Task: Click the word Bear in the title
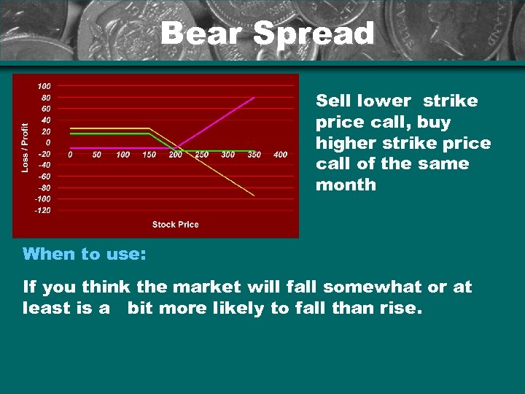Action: [201, 34]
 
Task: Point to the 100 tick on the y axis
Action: [44, 86]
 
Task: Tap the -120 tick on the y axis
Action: [42, 210]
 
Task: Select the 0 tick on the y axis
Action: [47, 142]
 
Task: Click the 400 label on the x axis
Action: [280, 155]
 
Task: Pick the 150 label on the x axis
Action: [149, 155]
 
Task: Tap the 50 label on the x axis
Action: [96, 155]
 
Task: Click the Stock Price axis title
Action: [175, 224]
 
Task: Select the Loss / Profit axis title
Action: [26, 147]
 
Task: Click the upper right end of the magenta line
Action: [254, 97]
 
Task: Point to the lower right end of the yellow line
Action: [254, 196]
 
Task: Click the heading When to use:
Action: [85, 254]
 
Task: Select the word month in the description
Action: [346, 185]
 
